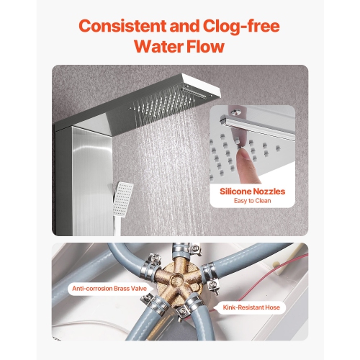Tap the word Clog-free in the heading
coord(241,27)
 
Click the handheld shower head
coord(122,199)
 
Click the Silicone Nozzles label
coord(252,192)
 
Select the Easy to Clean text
coord(252,201)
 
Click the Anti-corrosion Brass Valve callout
coord(109,288)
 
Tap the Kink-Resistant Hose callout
coord(251,307)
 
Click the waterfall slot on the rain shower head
coord(194,93)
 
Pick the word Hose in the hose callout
coord(272,307)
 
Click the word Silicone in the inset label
coord(235,192)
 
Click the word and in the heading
coord(185,26)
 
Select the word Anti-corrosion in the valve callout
coord(92,288)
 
